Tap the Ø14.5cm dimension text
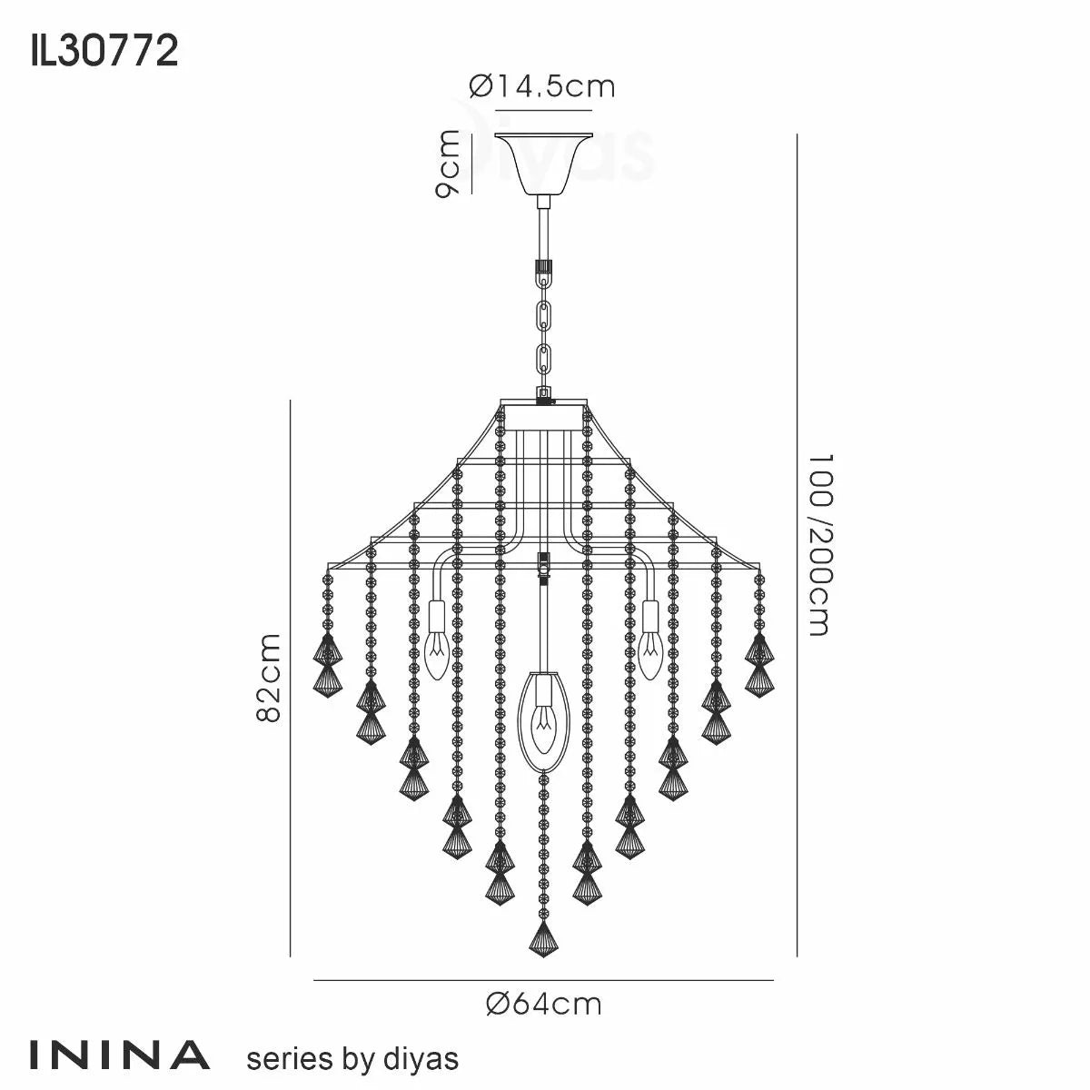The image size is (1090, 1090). click(542, 86)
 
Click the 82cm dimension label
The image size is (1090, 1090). click(269, 678)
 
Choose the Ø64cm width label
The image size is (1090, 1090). click(543, 1004)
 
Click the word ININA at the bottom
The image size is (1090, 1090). click(120, 1055)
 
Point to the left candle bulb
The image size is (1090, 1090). click(436, 654)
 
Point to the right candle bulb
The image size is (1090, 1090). click(649, 654)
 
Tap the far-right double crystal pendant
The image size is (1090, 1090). click(759, 665)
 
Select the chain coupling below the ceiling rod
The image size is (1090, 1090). click(543, 268)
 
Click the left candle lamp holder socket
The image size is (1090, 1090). click(436, 618)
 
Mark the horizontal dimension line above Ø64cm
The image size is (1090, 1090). click(543, 980)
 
